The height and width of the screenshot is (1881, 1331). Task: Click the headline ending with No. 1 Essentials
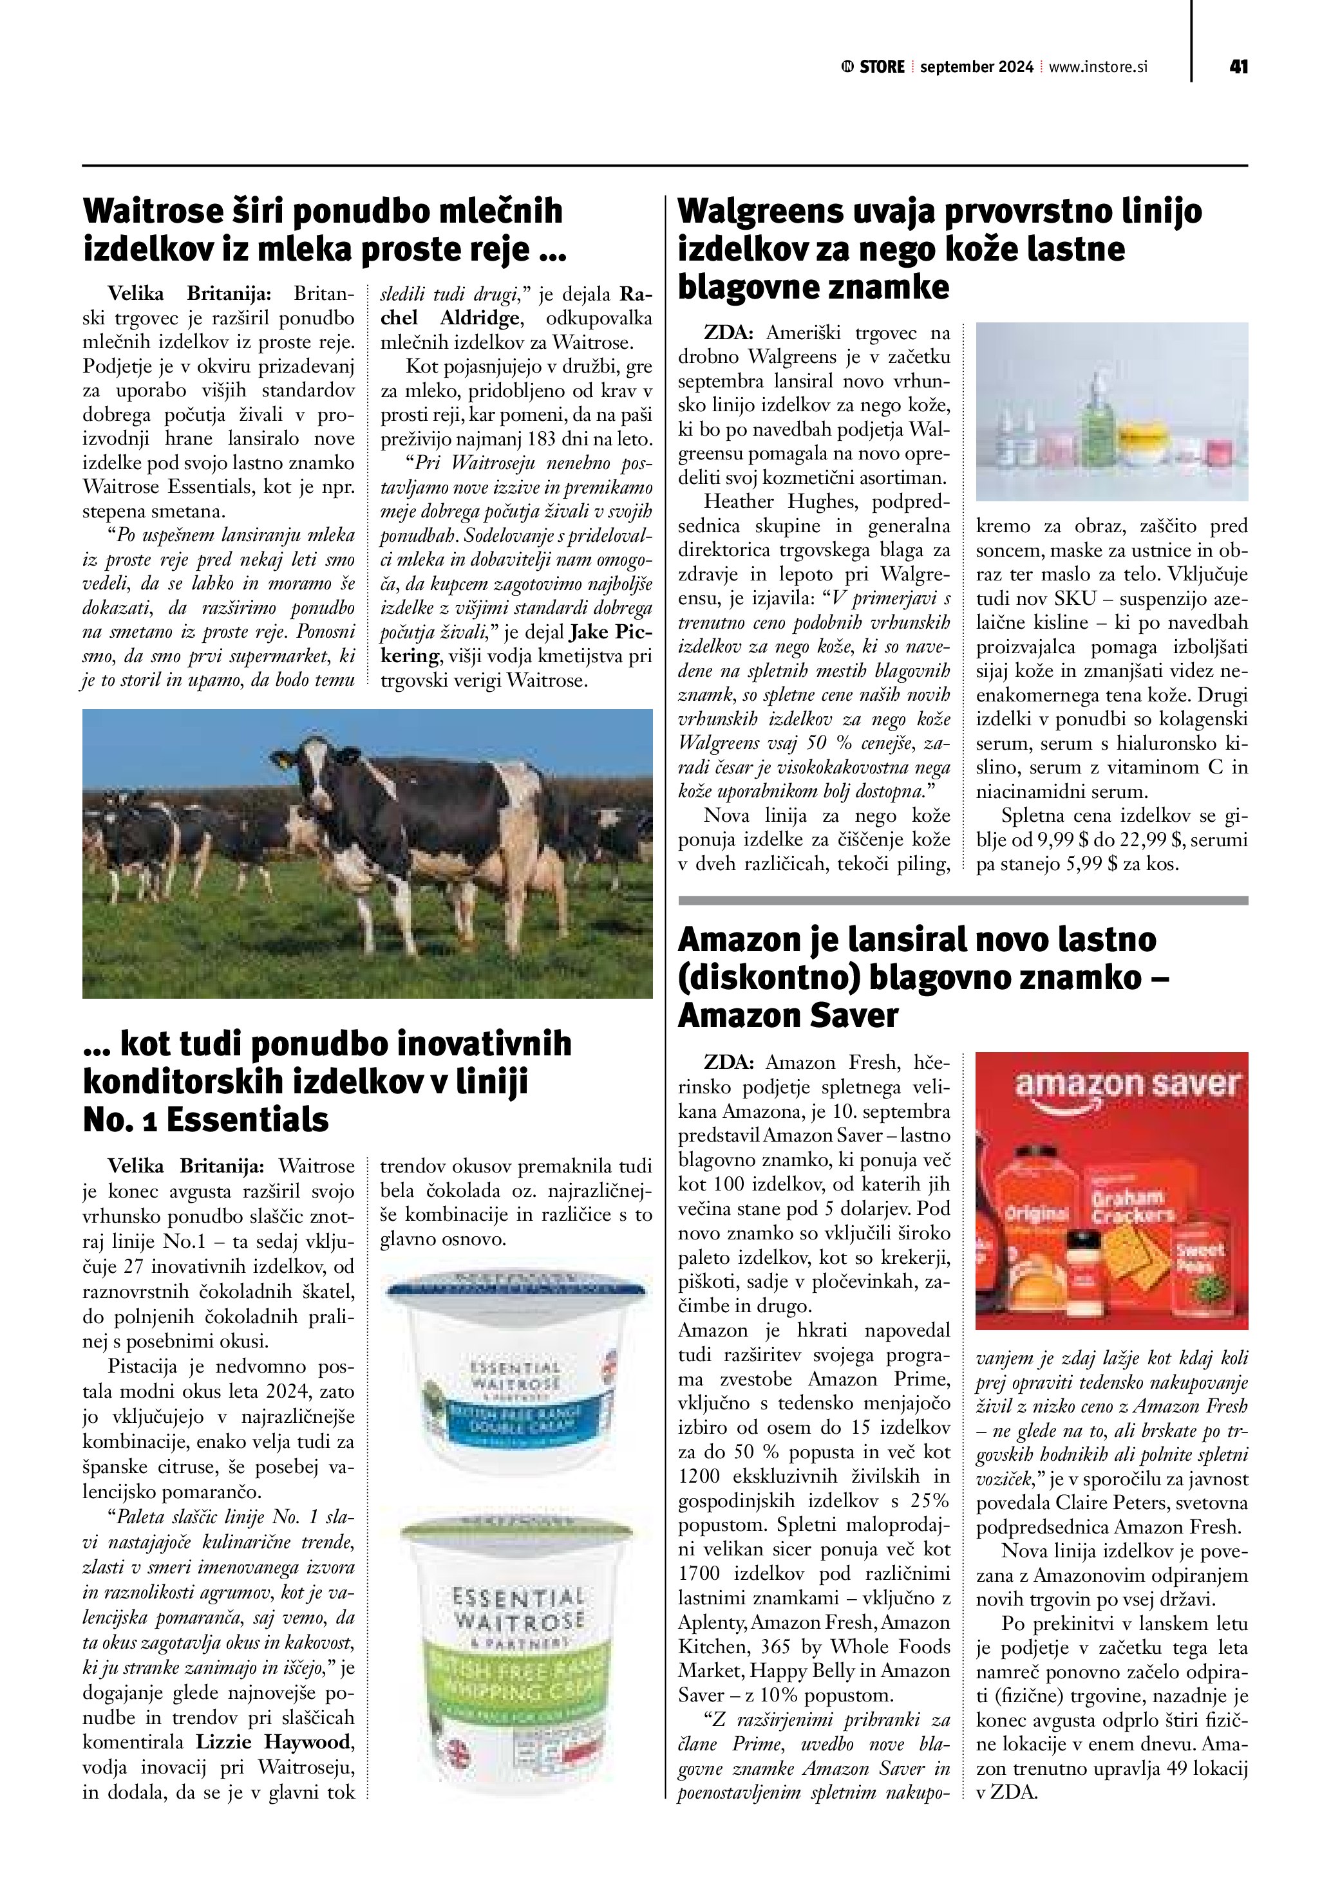tap(327, 1081)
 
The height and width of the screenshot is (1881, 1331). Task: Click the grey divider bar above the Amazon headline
tap(963, 900)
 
